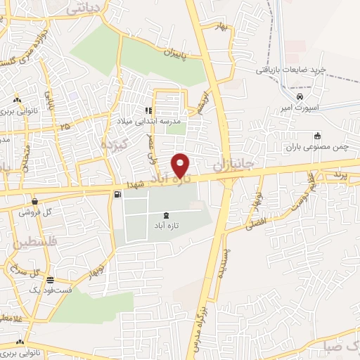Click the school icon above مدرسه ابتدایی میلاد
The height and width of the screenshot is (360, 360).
click(148, 110)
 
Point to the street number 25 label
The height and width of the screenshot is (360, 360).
click(65, 127)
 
